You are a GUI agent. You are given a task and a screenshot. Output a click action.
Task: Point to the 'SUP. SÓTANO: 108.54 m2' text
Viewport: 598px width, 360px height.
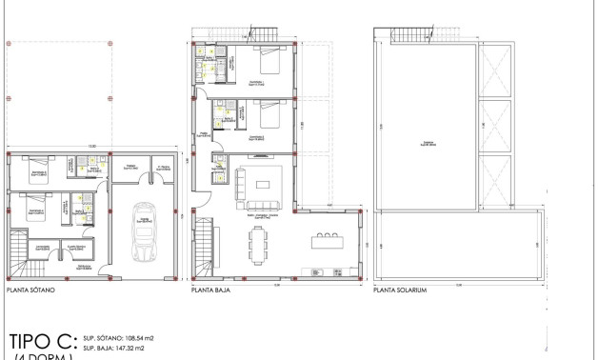point(121,338)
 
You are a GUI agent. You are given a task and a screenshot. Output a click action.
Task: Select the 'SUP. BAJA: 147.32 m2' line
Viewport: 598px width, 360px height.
point(116,350)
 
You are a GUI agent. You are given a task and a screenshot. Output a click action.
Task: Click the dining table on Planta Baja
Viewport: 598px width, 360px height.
point(260,246)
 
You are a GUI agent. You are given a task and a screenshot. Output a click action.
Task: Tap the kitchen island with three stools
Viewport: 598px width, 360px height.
point(326,238)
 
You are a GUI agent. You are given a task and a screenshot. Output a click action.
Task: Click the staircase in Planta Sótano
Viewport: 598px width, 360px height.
point(18,250)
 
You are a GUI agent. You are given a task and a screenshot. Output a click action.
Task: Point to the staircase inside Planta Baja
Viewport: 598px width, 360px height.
point(207,245)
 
